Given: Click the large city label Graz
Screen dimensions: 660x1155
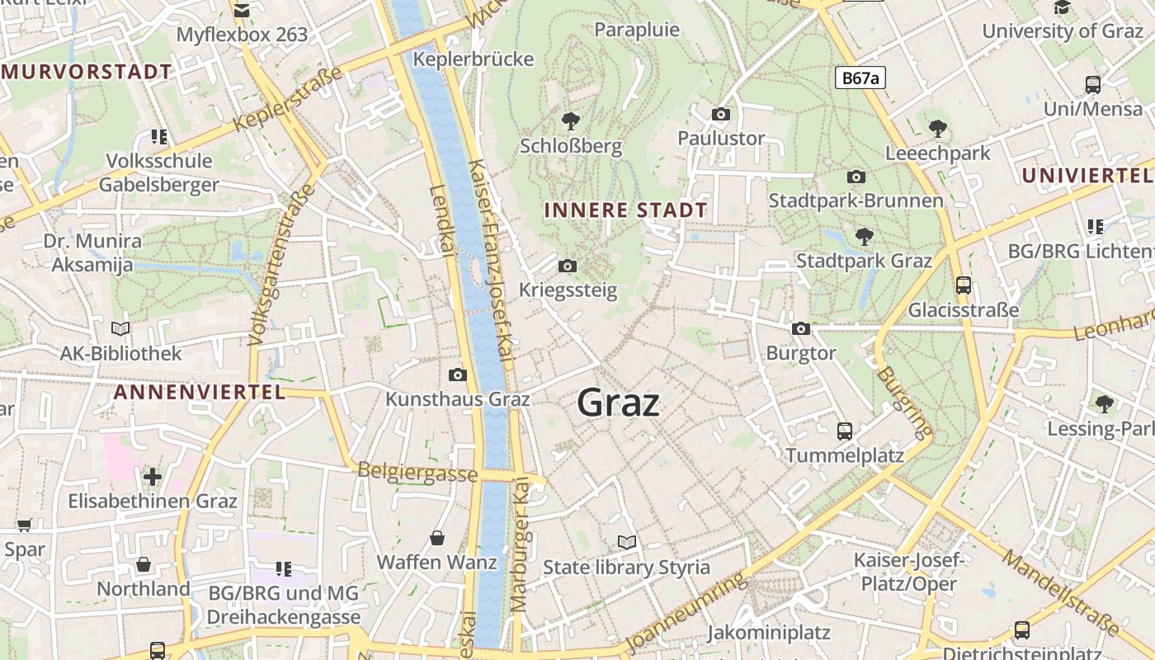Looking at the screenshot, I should tap(618, 403).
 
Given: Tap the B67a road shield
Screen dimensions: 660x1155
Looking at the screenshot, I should tap(860, 78).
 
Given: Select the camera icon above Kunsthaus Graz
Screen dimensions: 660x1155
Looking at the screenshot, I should tap(458, 375).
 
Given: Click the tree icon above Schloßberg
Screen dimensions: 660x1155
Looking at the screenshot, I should tap(570, 122).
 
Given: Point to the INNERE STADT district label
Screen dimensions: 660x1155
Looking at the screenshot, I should tap(625, 210).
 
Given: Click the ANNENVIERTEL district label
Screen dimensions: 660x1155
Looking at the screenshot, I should tap(199, 392).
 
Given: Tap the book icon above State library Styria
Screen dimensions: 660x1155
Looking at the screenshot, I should tap(627, 542).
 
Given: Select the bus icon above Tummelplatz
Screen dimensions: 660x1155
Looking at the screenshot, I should tap(844, 431).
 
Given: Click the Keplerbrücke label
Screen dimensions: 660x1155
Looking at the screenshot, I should tap(474, 59).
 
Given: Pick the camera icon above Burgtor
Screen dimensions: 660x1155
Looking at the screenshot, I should tap(800, 328).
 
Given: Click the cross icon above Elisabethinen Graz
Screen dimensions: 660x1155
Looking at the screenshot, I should tap(153, 477).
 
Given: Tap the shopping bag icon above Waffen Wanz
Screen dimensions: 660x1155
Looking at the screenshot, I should tap(437, 538).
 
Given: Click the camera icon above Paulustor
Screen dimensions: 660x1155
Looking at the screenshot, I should tap(721, 114).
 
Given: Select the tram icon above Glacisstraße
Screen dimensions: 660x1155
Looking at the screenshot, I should tap(963, 285).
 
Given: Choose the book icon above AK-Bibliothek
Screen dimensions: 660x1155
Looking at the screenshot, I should tap(120, 328).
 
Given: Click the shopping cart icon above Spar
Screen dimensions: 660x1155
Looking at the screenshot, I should tap(25, 525).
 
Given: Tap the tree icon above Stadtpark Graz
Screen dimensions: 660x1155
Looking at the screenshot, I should tap(864, 237).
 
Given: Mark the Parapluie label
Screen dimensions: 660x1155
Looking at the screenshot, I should tap(637, 30).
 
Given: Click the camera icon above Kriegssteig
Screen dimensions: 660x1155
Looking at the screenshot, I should tap(568, 266).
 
